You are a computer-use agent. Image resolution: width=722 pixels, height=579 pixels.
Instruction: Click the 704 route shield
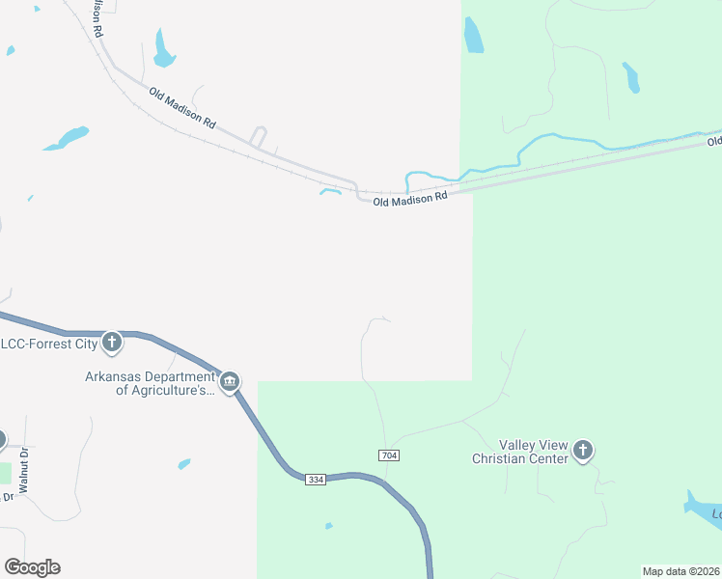pos(389,455)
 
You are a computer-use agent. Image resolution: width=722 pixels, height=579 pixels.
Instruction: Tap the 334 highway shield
pos(316,480)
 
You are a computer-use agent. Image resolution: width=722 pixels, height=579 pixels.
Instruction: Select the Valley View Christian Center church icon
pos(582,450)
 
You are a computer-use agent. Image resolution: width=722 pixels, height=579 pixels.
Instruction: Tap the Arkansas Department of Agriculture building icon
pos(230,383)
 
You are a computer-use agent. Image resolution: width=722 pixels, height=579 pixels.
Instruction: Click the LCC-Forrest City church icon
pos(112,342)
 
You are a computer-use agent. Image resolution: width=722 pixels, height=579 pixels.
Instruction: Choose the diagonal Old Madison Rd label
pos(182,108)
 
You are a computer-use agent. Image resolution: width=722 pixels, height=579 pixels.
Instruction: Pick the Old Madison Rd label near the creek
pos(410,197)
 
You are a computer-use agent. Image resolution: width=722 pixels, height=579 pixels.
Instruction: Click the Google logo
pos(32,566)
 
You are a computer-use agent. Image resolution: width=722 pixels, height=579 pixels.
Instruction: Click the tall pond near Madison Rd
pos(163,48)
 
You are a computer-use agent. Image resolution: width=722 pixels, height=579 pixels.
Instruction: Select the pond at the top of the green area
pos(473,36)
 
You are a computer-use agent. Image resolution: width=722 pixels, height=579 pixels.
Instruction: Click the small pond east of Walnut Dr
pos(183,464)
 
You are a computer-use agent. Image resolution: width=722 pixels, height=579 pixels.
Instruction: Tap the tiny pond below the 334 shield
pos(329,526)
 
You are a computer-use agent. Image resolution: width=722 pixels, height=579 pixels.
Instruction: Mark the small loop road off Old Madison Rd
pos(258,137)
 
